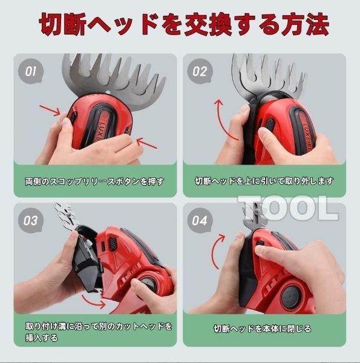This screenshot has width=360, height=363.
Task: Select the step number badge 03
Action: (30, 220)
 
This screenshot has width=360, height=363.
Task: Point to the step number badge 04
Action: (200, 220)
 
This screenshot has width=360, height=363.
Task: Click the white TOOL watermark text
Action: (287, 208)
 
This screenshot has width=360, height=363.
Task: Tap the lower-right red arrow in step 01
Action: (148, 143)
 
